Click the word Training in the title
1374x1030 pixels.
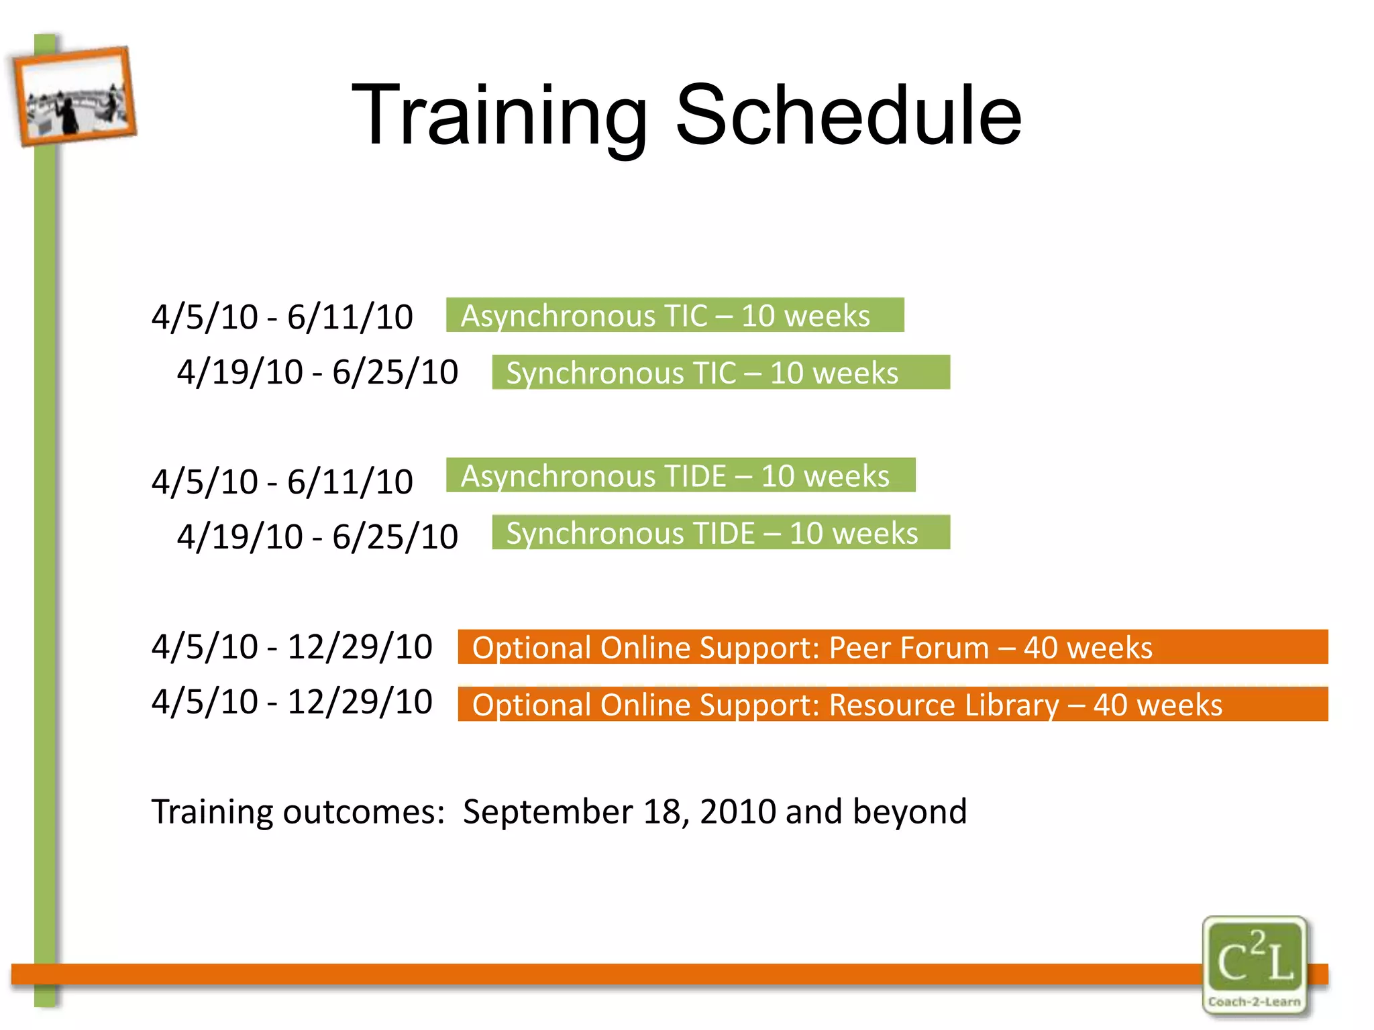pyautogui.click(x=499, y=115)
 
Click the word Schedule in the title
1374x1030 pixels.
pyautogui.click(x=848, y=115)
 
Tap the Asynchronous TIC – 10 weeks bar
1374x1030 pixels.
pyautogui.click(x=675, y=315)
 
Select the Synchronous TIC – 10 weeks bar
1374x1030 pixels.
pyautogui.click(x=721, y=373)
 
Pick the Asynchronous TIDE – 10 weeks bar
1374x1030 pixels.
pyautogui.click(x=680, y=475)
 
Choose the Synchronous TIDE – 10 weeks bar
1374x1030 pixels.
pyautogui.click(x=721, y=533)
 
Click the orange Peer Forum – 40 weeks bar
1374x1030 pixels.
pyautogui.click(x=892, y=647)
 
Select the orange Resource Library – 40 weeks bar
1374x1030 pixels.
pyautogui.click(x=892, y=705)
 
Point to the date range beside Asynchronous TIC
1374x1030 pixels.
pyautogui.click(x=282, y=317)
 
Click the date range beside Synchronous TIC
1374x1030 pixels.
pyautogui.click(x=317, y=372)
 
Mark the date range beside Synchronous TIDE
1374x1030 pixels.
pyautogui.click(x=317, y=537)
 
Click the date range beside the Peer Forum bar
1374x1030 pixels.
pyautogui.click(x=292, y=647)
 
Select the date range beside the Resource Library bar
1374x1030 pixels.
pyautogui.click(x=292, y=702)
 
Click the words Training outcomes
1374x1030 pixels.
pyautogui.click(x=298, y=812)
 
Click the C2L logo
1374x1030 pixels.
pyautogui.click(x=1254, y=956)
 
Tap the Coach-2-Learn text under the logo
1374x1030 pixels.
pyautogui.click(x=1254, y=1002)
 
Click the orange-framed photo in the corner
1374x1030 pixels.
pyautogui.click(x=74, y=96)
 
